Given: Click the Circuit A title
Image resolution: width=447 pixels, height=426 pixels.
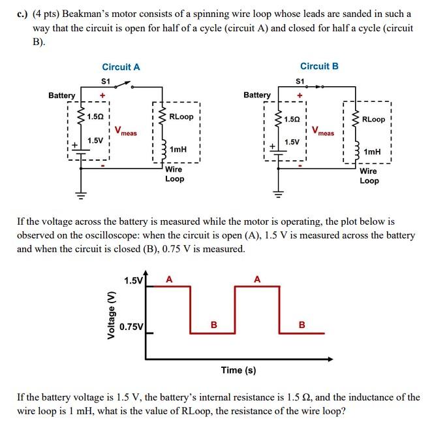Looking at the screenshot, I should pos(121,67).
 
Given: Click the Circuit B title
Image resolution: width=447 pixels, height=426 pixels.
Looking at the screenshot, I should pos(319,66).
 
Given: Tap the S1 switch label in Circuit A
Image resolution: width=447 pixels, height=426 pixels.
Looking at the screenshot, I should pos(106,80).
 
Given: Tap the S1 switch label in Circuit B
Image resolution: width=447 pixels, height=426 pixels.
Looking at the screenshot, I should pos(300,81).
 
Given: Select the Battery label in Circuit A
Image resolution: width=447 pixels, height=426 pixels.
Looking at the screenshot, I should pos(62,95).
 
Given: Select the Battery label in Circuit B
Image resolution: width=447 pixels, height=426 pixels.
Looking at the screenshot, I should pos(257,95).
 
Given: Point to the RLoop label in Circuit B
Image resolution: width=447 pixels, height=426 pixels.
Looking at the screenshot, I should pos(373,119).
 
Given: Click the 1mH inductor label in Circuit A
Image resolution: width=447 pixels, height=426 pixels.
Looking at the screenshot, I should pos(177,150).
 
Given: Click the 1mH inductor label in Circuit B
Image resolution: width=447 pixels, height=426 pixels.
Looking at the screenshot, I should pos(372,152).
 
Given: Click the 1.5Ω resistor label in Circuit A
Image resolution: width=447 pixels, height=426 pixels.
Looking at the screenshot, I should pos(95,116).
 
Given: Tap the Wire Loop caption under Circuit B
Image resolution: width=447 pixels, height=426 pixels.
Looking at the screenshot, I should pos(369,176).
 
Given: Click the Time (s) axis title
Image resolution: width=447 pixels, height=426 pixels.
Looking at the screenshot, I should pos(238,370).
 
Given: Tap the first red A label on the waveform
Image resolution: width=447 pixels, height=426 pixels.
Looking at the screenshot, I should pos(169,279).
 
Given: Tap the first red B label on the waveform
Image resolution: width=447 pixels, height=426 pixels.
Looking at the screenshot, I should pos(212,324).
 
